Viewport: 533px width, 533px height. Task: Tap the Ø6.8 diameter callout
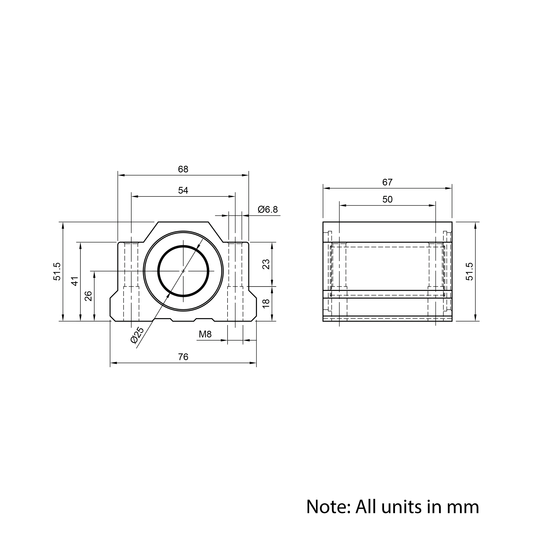[x=268, y=210]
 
